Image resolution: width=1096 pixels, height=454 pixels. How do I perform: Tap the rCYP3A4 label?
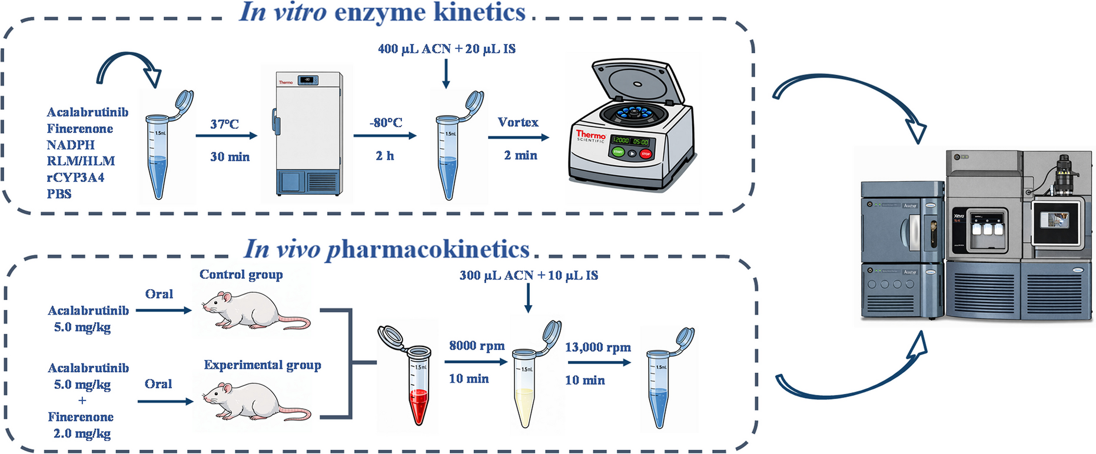click(75, 178)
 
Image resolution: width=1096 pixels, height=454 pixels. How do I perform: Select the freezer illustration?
click(309, 134)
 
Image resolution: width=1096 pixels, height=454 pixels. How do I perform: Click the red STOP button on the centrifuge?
click(646, 154)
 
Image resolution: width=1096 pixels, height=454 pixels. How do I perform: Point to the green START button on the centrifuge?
click(618, 152)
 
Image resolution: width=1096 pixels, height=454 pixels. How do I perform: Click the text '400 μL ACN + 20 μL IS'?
click(446, 49)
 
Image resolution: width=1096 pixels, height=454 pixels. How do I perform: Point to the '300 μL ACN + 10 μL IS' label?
click(529, 275)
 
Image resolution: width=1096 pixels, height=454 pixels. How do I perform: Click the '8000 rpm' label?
click(477, 346)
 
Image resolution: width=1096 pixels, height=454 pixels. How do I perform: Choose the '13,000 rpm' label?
click(597, 348)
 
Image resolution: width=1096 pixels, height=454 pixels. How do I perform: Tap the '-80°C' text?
click(386, 123)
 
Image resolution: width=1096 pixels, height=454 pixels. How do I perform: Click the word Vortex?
click(518, 122)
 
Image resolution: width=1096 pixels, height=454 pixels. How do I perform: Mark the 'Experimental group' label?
click(263, 365)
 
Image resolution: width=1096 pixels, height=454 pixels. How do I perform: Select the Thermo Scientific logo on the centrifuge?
click(590, 136)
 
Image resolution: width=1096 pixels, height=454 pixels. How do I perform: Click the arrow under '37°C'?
click(227, 136)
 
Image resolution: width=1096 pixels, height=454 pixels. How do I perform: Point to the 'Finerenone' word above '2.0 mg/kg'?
click(81, 417)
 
